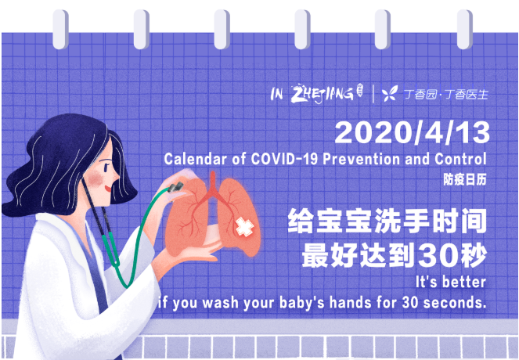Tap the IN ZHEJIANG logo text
tap(312, 94)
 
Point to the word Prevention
tap(366, 159)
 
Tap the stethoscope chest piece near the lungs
tap(177, 188)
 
